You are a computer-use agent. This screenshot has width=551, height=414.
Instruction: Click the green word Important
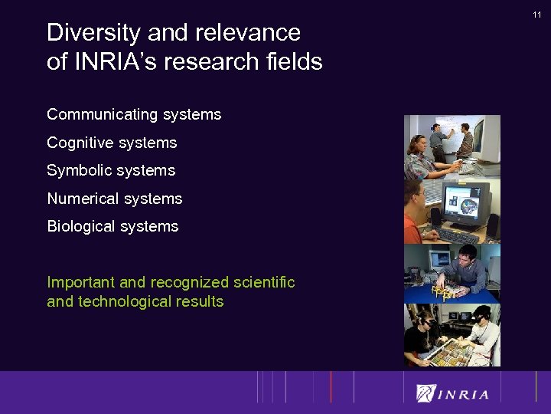81,282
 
